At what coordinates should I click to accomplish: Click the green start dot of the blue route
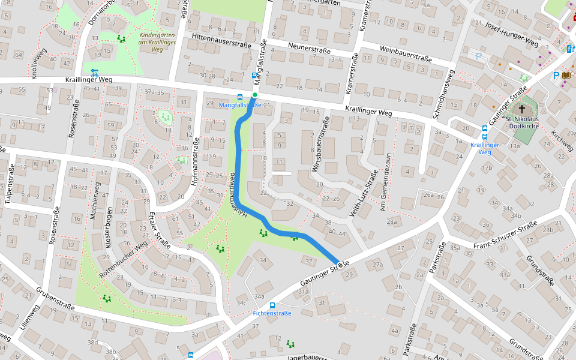tap(255, 95)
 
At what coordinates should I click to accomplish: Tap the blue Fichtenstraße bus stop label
tap(272, 313)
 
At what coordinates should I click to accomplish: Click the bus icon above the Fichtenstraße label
tap(272, 305)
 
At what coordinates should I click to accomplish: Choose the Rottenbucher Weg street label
tap(124, 259)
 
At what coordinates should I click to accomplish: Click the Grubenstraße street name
tap(55, 299)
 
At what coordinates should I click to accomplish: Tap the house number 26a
tap(428, 194)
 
